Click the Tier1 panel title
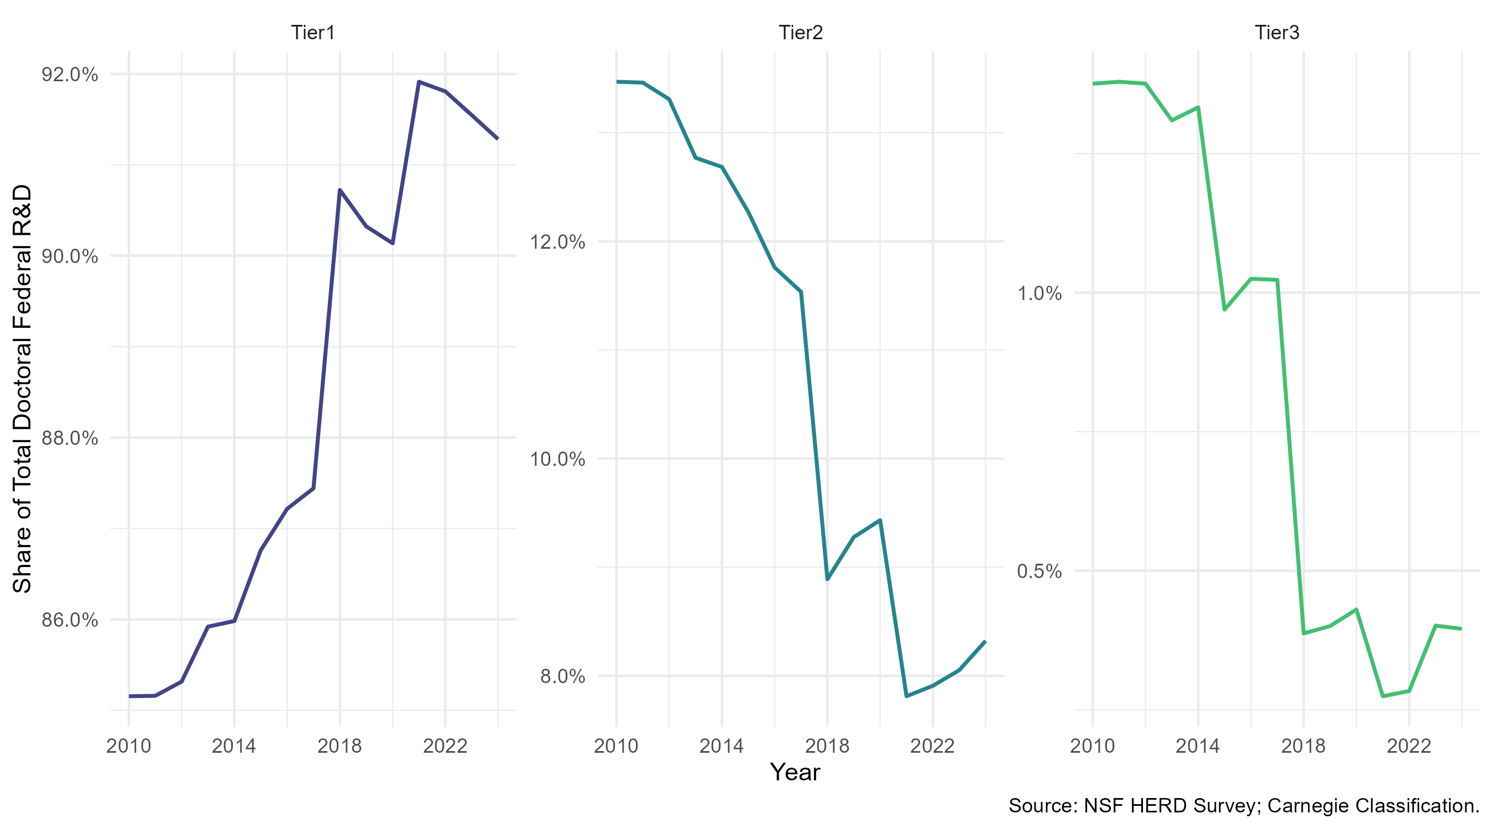click(313, 33)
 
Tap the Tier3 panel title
click(1277, 33)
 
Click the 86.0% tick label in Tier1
click(70, 620)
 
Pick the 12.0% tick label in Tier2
click(557, 242)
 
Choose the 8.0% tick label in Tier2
click(563, 676)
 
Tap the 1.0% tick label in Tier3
click(1040, 293)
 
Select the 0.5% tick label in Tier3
click(1040, 571)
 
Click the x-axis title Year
click(795, 772)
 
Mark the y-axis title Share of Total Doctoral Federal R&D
click(22, 389)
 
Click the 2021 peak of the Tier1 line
click(419, 82)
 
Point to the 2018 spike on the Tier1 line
click(340, 190)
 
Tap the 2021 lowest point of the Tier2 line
click(906, 696)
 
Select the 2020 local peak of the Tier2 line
click(880, 520)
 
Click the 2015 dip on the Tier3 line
click(1225, 309)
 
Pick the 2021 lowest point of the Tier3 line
click(1383, 696)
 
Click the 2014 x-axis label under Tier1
click(234, 746)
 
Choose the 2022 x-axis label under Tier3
click(1409, 746)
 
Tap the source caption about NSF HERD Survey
click(1244, 806)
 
